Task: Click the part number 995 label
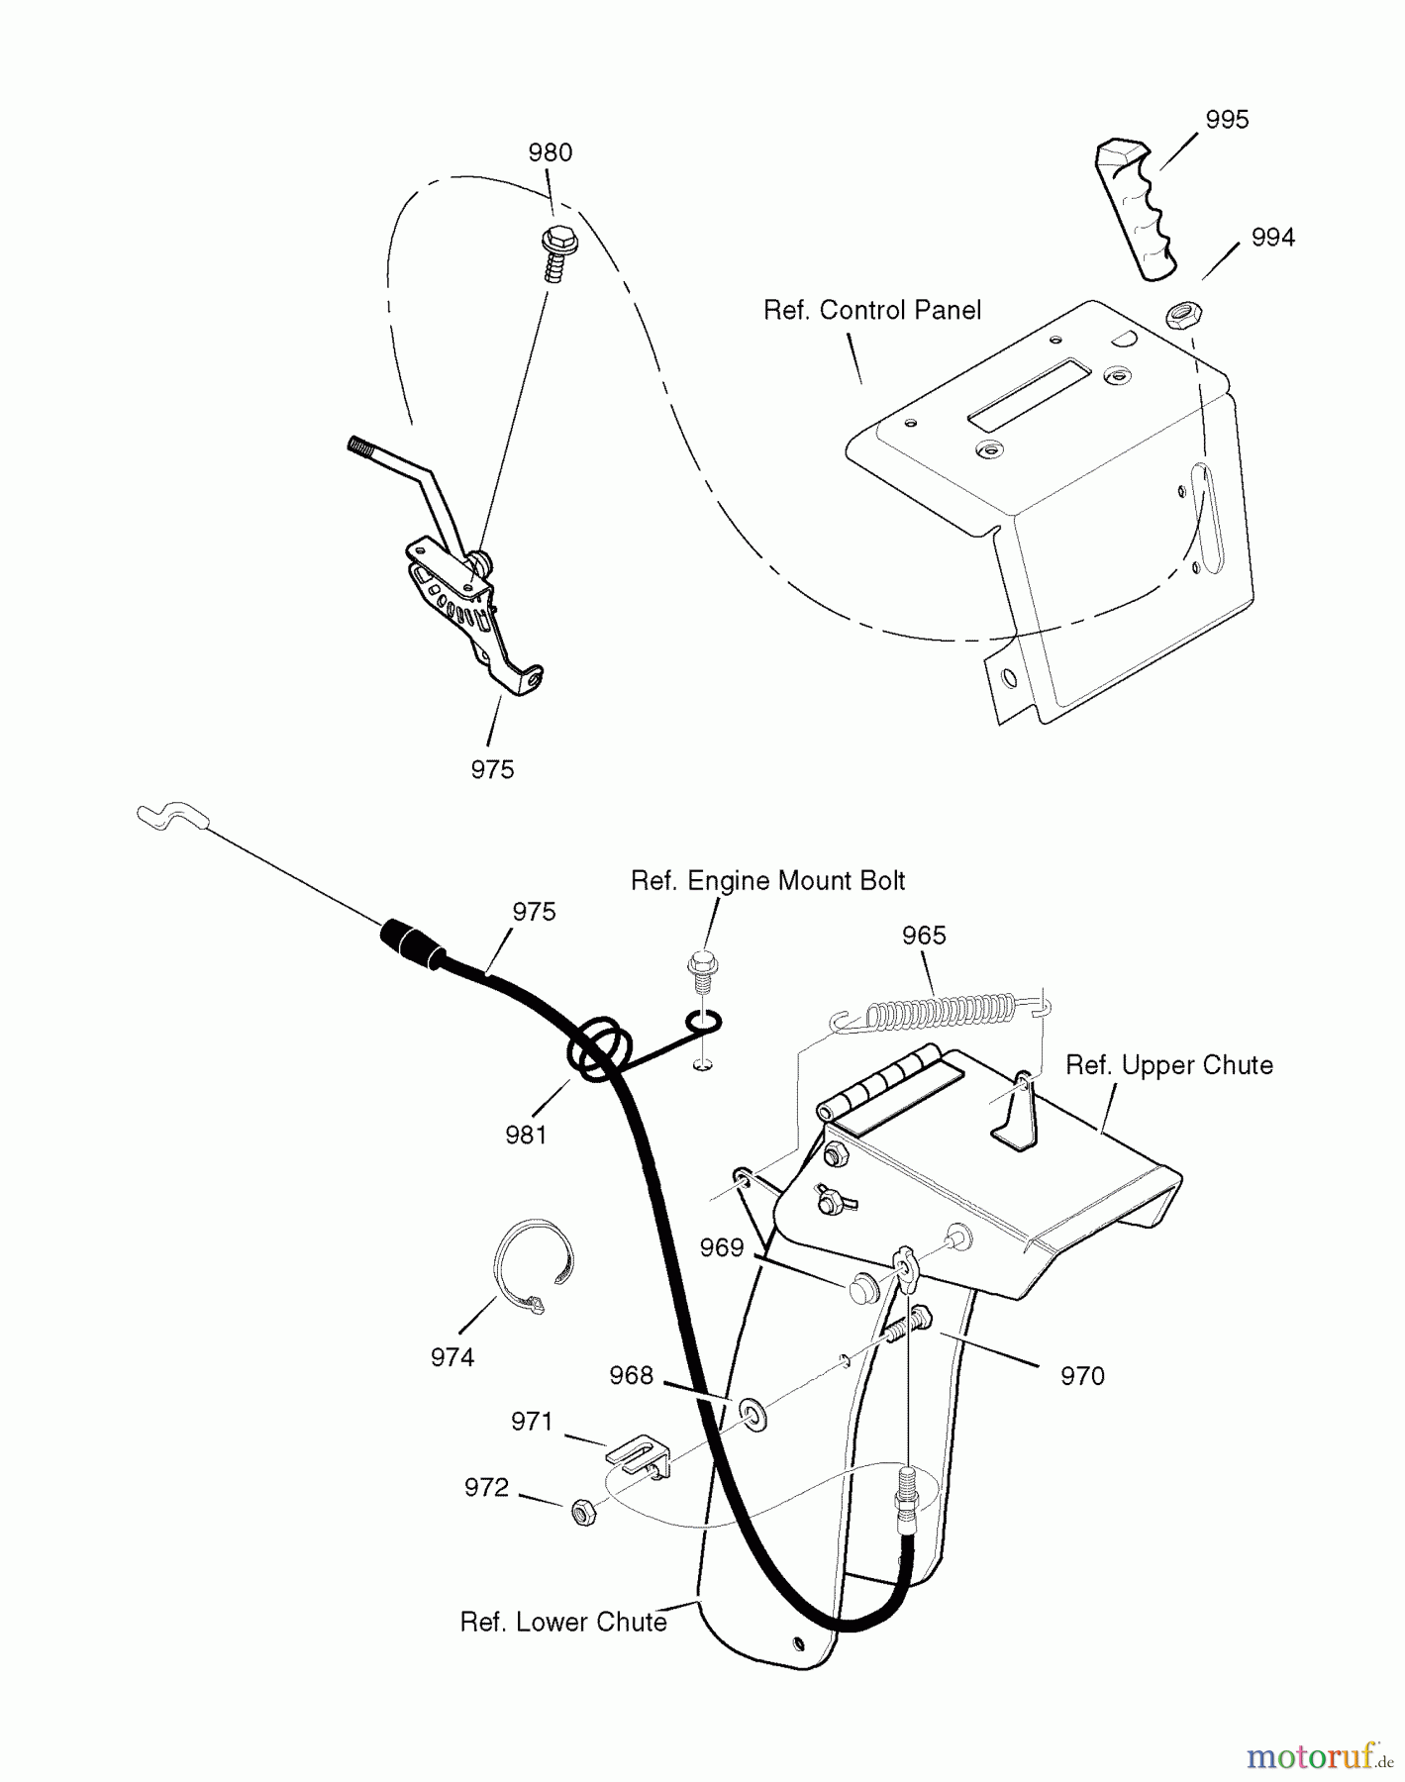[1227, 120]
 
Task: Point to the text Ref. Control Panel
[871, 311]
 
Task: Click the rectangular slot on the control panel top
[1029, 395]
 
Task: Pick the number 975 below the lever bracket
[492, 769]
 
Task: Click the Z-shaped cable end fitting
[171, 817]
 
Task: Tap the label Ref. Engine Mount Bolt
[767, 881]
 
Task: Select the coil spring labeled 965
[941, 1012]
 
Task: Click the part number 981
[526, 1136]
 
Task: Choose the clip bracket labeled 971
[636, 1453]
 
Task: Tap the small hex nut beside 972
[584, 1512]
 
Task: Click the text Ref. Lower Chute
[562, 1623]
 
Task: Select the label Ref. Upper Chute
[1168, 1066]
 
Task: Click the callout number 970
[1081, 1376]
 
